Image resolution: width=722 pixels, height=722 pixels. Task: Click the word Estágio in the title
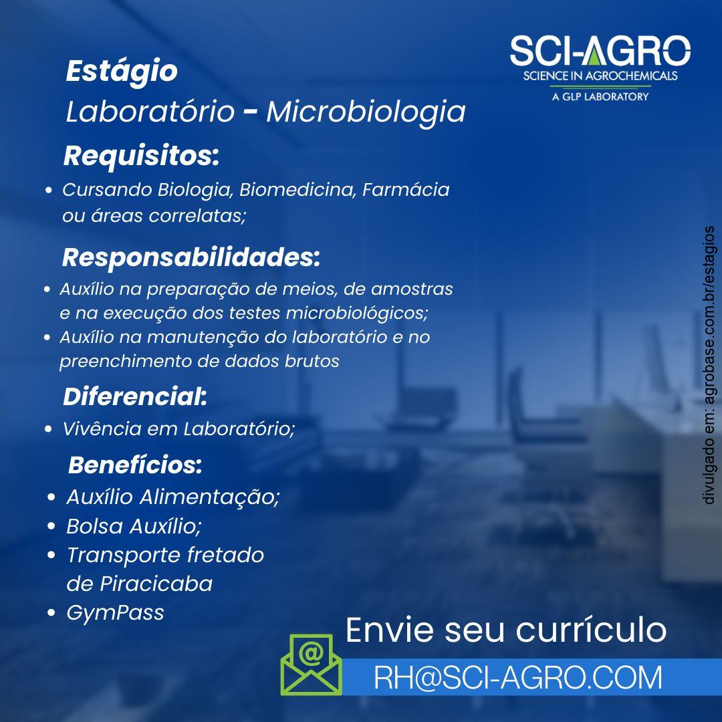click(x=122, y=72)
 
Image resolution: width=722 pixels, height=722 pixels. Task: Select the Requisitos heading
click(x=141, y=156)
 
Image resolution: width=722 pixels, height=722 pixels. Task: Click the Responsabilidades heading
click(x=191, y=257)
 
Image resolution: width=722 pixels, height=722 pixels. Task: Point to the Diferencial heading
click(x=135, y=396)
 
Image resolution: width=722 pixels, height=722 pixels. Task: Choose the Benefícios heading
click(x=135, y=465)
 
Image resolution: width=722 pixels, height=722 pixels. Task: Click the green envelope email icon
click(x=312, y=665)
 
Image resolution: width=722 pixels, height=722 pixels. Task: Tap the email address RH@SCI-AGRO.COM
click(x=518, y=677)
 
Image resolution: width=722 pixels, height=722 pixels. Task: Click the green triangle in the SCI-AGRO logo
click(x=595, y=55)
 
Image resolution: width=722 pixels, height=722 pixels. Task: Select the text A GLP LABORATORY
click(x=600, y=97)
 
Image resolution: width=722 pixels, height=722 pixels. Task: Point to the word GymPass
click(x=115, y=613)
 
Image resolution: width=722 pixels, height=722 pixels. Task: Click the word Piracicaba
click(x=156, y=584)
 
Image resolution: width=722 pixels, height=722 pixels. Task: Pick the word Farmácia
click(x=406, y=190)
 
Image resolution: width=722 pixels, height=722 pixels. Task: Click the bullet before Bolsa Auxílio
click(x=51, y=526)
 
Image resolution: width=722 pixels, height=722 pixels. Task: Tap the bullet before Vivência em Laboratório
click(x=48, y=429)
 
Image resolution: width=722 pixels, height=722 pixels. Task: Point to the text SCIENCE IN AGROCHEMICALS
click(x=600, y=76)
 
